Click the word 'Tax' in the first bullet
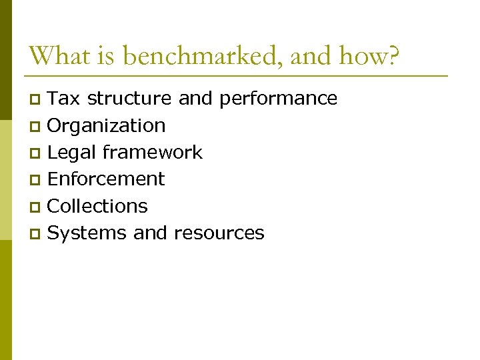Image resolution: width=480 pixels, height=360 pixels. [65, 99]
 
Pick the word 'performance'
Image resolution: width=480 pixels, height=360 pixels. [278, 99]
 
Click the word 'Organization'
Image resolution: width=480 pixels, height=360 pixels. [107, 125]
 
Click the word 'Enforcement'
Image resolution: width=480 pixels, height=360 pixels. [107, 179]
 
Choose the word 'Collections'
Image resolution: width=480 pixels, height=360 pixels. [98, 206]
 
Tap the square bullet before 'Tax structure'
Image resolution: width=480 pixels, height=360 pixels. [37, 100]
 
